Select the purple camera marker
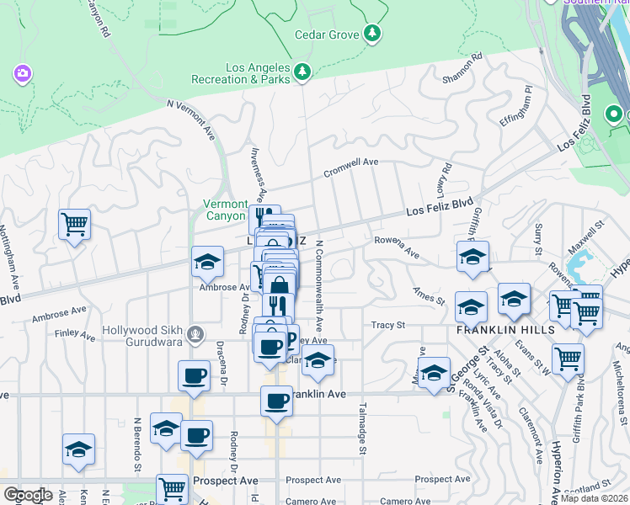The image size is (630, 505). [22, 74]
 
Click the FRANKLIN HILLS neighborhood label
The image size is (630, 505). [505, 330]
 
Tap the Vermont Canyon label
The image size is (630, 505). [225, 210]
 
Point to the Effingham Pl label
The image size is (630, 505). [516, 105]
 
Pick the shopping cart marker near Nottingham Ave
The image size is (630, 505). [74, 225]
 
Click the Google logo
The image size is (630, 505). [28, 494]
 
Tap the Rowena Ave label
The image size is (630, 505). [396, 247]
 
